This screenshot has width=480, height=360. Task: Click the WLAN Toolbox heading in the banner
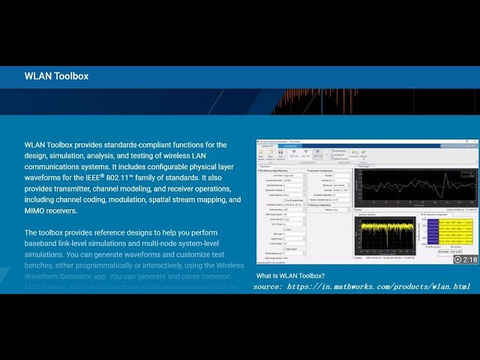click(56, 76)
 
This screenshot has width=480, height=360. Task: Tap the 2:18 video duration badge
click(469, 259)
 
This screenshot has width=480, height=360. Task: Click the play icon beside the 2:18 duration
click(457, 259)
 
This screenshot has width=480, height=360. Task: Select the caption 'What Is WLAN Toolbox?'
click(291, 276)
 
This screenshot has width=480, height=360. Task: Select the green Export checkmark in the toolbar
click(364, 152)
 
